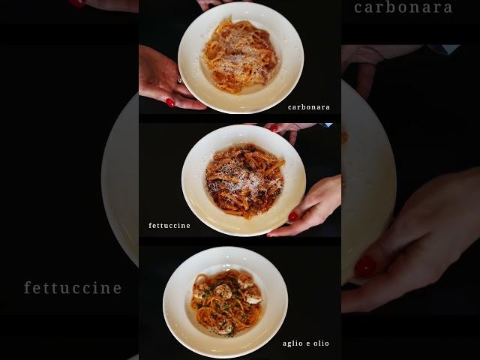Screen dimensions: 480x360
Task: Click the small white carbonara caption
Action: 308,107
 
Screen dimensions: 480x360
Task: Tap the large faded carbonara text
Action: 403,8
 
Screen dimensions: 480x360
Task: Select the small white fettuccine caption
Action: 169,226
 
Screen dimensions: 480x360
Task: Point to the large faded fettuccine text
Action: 73,288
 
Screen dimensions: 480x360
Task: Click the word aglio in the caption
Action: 293,343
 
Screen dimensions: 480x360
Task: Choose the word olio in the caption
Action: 322,343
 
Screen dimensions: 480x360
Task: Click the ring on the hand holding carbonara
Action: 180,81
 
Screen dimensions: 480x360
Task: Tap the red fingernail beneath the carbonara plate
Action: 170,103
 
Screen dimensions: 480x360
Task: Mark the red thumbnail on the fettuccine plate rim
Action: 293,217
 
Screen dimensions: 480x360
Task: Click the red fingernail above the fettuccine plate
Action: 273,128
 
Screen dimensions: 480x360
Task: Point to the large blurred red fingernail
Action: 365,267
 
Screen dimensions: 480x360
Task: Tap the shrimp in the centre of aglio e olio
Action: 223,292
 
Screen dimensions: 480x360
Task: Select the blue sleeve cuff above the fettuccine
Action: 325,125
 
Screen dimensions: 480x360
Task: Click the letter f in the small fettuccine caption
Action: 150,225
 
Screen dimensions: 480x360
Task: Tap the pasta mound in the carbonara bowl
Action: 240,55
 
